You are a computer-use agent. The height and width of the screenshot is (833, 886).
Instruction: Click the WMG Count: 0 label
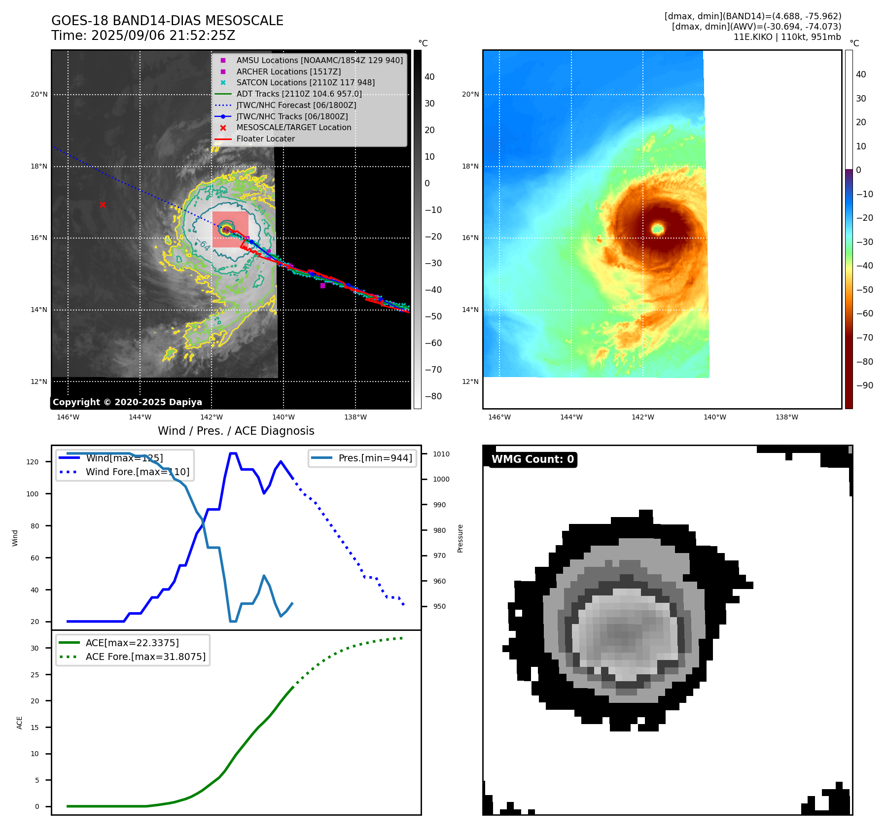click(x=532, y=459)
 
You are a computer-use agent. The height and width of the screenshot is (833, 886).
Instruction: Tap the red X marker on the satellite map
click(x=103, y=205)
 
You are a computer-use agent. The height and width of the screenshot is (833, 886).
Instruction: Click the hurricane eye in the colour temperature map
click(x=658, y=229)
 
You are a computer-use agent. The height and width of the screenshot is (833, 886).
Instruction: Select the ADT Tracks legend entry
click(x=299, y=94)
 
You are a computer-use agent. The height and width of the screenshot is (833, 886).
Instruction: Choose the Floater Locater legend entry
click(x=265, y=139)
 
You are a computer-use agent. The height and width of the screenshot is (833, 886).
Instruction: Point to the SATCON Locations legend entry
click(x=305, y=82)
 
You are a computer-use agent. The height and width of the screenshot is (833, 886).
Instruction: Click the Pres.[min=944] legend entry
click(x=375, y=458)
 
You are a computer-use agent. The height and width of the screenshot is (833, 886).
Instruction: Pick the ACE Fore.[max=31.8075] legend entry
click(x=145, y=657)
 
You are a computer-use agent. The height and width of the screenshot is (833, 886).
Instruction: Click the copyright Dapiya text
click(x=127, y=402)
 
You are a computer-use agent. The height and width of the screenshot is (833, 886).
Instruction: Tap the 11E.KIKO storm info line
click(x=787, y=37)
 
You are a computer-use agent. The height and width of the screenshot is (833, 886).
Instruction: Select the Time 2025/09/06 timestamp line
click(x=143, y=35)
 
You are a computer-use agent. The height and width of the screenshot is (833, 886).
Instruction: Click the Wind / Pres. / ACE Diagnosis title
click(x=236, y=431)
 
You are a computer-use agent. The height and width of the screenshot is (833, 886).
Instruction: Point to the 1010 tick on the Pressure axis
click(x=441, y=454)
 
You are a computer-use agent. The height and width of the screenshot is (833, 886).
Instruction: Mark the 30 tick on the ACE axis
click(x=35, y=648)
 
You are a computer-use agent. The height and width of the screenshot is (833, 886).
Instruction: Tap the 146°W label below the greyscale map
click(x=68, y=417)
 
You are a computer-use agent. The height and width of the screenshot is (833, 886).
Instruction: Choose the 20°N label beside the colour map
click(x=470, y=94)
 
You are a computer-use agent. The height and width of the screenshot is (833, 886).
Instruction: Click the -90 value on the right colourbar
click(x=864, y=385)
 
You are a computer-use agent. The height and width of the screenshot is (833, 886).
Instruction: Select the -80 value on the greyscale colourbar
click(x=433, y=396)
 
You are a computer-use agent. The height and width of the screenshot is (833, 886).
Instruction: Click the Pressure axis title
click(x=460, y=538)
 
